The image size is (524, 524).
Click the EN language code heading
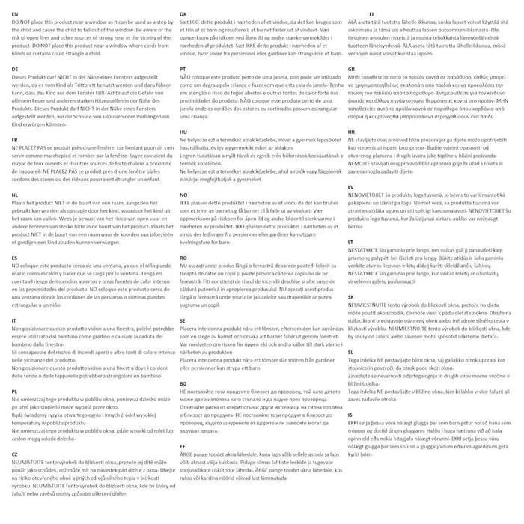[15, 14]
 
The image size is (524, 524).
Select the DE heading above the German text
[15, 68]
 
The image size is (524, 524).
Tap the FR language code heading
[15, 139]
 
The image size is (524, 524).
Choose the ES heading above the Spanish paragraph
[15, 257]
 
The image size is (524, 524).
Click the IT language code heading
[14, 320]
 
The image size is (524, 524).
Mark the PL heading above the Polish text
[15, 392]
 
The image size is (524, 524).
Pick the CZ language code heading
[15, 454]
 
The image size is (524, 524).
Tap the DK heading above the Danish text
[183, 14]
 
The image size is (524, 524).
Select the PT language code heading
[183, 68]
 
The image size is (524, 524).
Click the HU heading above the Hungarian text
[183, 131]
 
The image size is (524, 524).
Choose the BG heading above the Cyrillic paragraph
[184, 383]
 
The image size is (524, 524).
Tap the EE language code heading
[183, 445]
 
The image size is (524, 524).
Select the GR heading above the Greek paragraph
[352, 68]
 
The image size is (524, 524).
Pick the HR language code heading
[352, 131]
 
